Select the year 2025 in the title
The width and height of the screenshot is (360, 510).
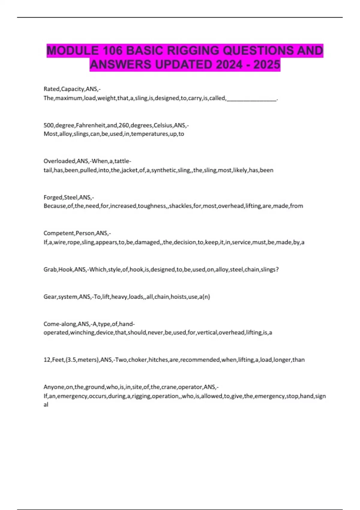pyautogui.click(x=267, y=64)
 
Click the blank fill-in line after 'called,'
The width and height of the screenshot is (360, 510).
pyautogui.click(x=251, y=98)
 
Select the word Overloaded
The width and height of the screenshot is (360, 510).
pyautogui.click(x=59, y=161)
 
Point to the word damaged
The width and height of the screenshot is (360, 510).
pyautogui.click(x=147, y=242)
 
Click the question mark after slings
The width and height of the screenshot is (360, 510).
pyautogui.click(x=277, y=269)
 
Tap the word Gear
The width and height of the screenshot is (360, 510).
pyautogui.click(x=50, y=297)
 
